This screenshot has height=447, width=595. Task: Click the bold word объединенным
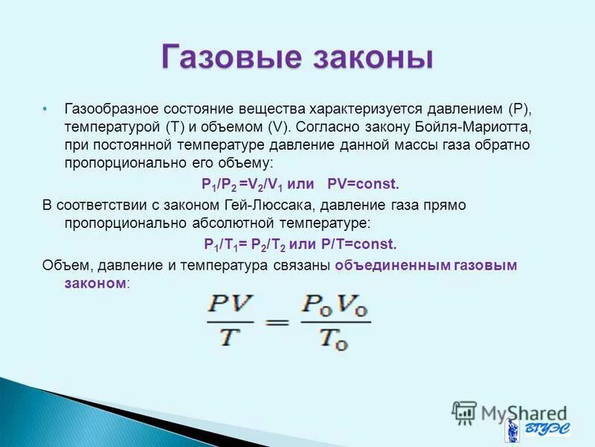[392, 265]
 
